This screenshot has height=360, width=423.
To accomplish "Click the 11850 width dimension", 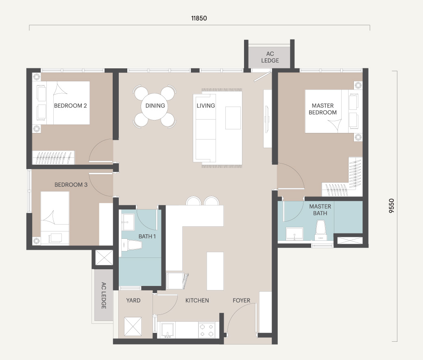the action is tap(199, 18).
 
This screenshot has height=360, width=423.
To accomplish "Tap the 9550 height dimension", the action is tap(391, 206).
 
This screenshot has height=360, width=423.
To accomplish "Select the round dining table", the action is tap(155, 107).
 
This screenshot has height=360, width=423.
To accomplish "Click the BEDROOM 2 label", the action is tap(70, 106).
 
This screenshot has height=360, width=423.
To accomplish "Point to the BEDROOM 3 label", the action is tap(71, 185).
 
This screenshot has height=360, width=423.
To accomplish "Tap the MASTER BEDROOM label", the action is tap(323, 109).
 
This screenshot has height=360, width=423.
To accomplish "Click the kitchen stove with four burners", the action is tap(207, 330).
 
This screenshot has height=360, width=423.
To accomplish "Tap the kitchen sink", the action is tap(168, 330).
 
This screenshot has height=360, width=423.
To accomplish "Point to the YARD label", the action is tap(133, 300).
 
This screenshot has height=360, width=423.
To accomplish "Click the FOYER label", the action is tap(242, 300).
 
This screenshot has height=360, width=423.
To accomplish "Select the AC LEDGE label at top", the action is tap(270, 57).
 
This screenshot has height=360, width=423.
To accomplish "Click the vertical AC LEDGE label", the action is tap(104, 295).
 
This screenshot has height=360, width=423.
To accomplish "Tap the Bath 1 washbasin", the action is tap(128, 223).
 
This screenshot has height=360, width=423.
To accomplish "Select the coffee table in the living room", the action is tap(233, 118).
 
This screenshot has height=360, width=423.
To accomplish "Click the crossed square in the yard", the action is tap(133, 327).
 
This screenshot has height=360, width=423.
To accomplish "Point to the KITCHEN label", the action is tap(197, 300).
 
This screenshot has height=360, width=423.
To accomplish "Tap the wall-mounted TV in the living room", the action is tap(267, 119).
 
